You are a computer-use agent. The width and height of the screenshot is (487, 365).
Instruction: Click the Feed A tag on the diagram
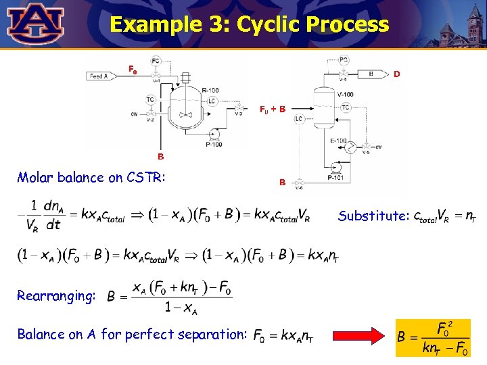99,76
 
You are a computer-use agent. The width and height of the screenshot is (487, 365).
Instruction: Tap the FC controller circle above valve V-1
156,61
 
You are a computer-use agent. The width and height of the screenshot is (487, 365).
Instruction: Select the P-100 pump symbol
214,133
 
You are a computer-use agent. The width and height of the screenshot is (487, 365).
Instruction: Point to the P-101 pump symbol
335,167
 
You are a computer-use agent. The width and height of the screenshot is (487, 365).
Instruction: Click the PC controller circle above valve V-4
344,60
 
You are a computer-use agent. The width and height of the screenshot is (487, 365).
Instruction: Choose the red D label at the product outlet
397,74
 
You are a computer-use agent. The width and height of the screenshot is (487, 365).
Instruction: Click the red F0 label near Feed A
133,69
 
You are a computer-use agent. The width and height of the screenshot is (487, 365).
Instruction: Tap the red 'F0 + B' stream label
273,108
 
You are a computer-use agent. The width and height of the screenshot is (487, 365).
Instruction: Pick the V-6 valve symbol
300,181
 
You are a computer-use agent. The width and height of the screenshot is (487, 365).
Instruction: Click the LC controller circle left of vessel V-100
299,118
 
